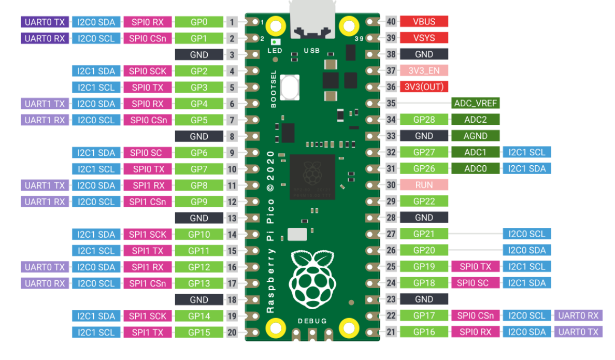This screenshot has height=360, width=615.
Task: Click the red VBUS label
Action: (x=424, y=22)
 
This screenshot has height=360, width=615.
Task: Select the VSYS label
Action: (x=424, y=38)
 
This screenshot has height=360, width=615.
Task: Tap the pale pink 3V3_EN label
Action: (x=424, y=70)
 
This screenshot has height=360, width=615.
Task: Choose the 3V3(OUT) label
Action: (x=424, y=87)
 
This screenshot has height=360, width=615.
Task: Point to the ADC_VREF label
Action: (x=475, y=103)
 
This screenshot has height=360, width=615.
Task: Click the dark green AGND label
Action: (x=475, y=136)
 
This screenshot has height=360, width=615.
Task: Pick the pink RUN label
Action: (x=424, y=184)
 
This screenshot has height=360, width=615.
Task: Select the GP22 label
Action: (x=424, y=201)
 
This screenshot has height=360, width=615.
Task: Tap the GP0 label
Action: (x=199, y=22)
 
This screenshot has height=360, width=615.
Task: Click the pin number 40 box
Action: (x=391, y=22)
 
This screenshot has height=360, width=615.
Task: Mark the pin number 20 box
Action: (x=232, y=332)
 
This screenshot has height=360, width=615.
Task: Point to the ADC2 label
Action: (x=475, y=119)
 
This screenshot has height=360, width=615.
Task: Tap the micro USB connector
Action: (x=312, y=21)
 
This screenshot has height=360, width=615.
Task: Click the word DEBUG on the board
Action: (x=312, y=321)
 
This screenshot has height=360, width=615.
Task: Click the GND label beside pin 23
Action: (x=424, y=299)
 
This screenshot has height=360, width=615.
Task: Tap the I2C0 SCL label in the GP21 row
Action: (x=526, y=234)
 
